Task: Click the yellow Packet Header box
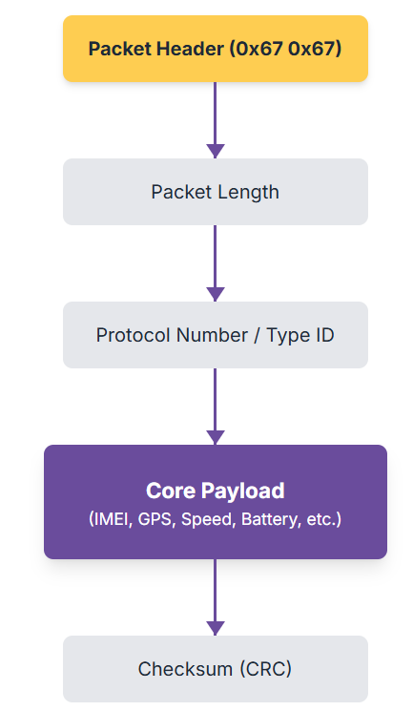click(216, 49)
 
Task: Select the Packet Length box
click(216, 192)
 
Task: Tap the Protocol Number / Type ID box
click(216, 335)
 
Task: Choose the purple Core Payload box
click(216, 502)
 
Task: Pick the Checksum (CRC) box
click(216, 669)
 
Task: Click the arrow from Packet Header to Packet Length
click(216, 120)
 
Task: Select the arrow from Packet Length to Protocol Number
click(216, 263)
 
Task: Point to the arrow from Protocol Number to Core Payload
click(216, 407)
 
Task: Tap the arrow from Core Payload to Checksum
click(216, 597)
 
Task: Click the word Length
click(247, 193)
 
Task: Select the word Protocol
click(134, 336)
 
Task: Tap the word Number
click(212, 336)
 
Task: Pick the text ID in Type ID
click(325, 336)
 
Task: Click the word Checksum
click(185, 669)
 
